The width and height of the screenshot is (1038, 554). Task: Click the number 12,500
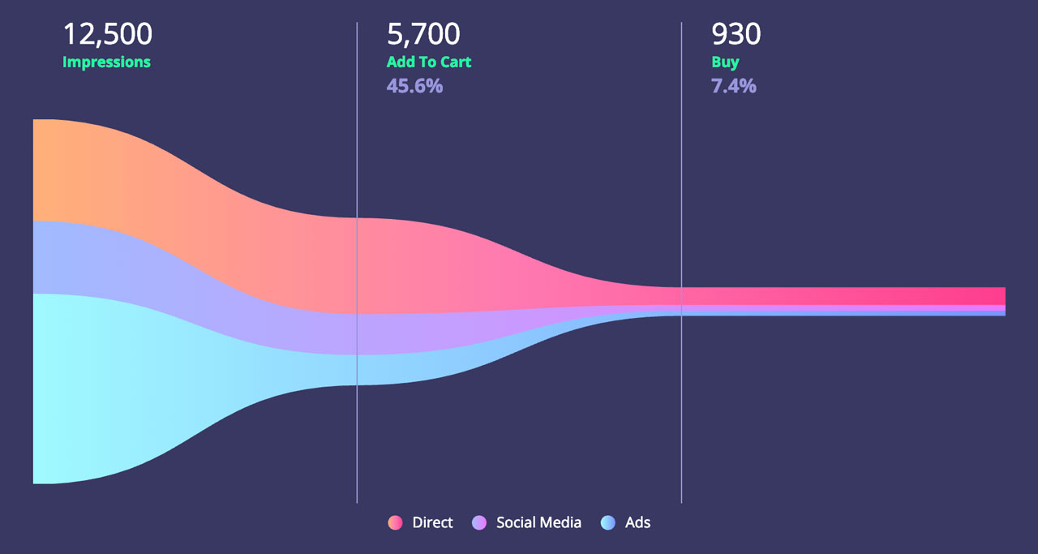(x=108, y=34)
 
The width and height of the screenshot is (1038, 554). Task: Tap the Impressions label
(x=106, y=62)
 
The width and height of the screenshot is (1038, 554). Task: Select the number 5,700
(x=423, y=34)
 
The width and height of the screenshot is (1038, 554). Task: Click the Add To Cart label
(x=429, y=62)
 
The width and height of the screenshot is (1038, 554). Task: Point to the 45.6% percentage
(x=414, y=86)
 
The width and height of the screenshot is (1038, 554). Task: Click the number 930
(x=736, y=34)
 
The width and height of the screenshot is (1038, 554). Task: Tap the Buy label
(x=725, y=62)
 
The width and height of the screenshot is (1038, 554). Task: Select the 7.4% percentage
(x=734, y=86)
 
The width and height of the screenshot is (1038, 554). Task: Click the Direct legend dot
(x=395, y=522)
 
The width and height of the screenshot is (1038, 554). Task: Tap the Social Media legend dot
(x=479, y=522)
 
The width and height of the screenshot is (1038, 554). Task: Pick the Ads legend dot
(x=608, y=522)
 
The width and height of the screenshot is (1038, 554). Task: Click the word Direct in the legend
(x=432, y=522)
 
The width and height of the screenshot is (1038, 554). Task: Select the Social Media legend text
(x=538, y=522)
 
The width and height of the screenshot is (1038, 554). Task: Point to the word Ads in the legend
(x=637, y=522)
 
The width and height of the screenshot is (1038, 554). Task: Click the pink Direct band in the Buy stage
(x=843, y=296)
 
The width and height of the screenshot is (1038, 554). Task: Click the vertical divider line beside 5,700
(x=357, y=262)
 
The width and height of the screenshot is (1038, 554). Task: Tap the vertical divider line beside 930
(x=681, y=262)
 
